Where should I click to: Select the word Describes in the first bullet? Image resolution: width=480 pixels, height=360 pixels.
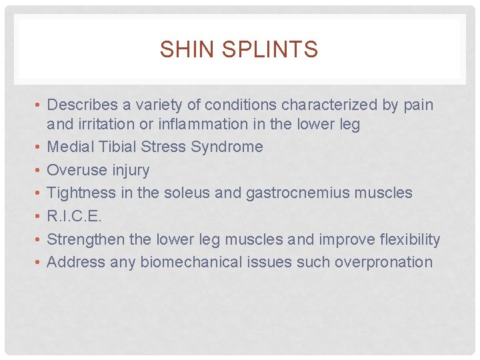(x=79, y=105)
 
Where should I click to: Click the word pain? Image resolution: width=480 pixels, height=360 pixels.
(x=417, y=105)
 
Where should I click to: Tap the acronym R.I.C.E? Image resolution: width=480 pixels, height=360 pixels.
(x=75, y=216)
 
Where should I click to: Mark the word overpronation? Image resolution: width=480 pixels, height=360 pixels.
(x=383, y=262)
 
